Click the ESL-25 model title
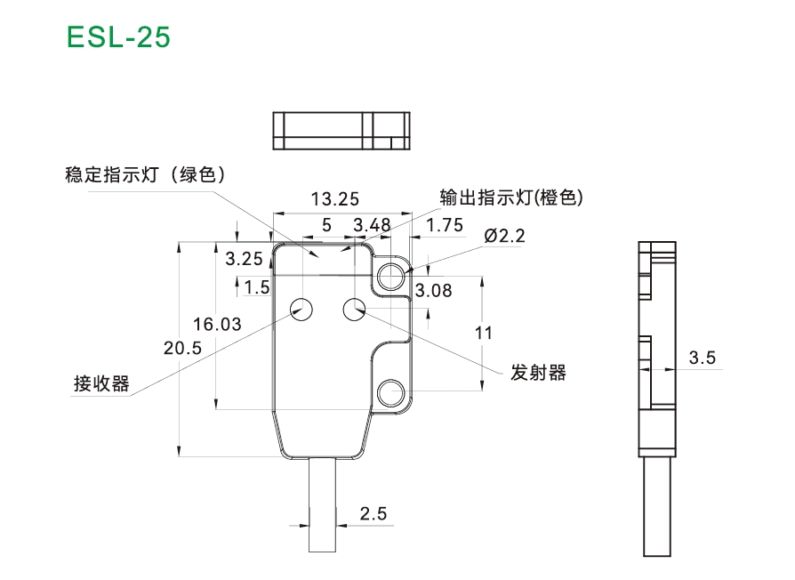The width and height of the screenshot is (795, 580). point(118,37)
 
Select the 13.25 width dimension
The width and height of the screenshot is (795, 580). point(334,199)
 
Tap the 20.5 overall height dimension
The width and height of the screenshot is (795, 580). point(182,348)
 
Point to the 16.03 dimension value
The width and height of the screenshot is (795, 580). point(217,324)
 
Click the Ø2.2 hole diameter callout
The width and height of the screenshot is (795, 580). point(504,236)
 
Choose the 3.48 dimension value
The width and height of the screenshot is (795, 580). point(372,224)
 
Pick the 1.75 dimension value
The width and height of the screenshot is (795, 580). point(444,224)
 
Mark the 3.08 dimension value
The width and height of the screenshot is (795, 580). point(433,291)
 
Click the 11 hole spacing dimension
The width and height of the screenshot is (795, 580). point(483,333)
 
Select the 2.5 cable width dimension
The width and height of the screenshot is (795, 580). point(373,513)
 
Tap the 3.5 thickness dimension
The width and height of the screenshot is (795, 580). point(703,358)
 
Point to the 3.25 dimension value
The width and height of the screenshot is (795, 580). point(244,259)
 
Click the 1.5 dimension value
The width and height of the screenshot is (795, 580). point(257,287)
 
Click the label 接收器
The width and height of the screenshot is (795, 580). point(102,383)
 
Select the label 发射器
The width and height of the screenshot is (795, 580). point(538,373)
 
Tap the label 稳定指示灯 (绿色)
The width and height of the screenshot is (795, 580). point(145,174)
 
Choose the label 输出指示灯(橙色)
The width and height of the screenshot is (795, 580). point(511,197)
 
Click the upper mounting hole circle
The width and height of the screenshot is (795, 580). point(391,277)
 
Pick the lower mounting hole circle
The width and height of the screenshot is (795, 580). point(391,392)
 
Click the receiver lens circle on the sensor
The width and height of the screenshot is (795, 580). point(301,310)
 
